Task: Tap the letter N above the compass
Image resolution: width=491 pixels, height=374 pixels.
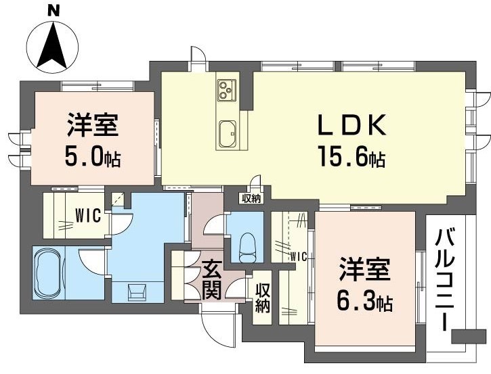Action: [53, 9]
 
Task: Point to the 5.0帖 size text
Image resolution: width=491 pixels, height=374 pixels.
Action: [93, 157]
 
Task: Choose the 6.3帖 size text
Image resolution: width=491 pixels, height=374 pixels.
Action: [365, 300]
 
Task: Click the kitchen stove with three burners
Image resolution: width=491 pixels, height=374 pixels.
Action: [226, 90]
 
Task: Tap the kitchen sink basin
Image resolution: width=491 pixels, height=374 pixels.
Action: [227, 131]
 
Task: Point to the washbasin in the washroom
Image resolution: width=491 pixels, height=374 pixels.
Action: [140, 291]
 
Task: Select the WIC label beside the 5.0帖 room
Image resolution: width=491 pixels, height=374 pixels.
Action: [88, 216]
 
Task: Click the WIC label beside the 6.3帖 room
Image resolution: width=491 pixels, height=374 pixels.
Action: [298, 256]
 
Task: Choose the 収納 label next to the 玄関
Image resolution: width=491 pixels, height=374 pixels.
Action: [263, 297]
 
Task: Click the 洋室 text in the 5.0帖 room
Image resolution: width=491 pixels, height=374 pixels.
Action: [93, 126]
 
